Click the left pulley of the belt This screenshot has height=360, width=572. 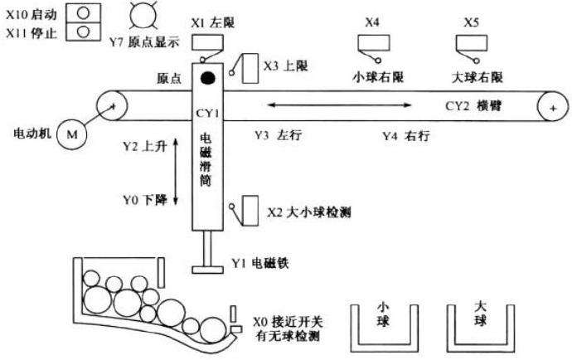tap(109, 105)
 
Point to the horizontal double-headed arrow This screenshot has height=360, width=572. tap(339, 105)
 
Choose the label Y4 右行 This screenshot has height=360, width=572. tap(408, 135)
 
